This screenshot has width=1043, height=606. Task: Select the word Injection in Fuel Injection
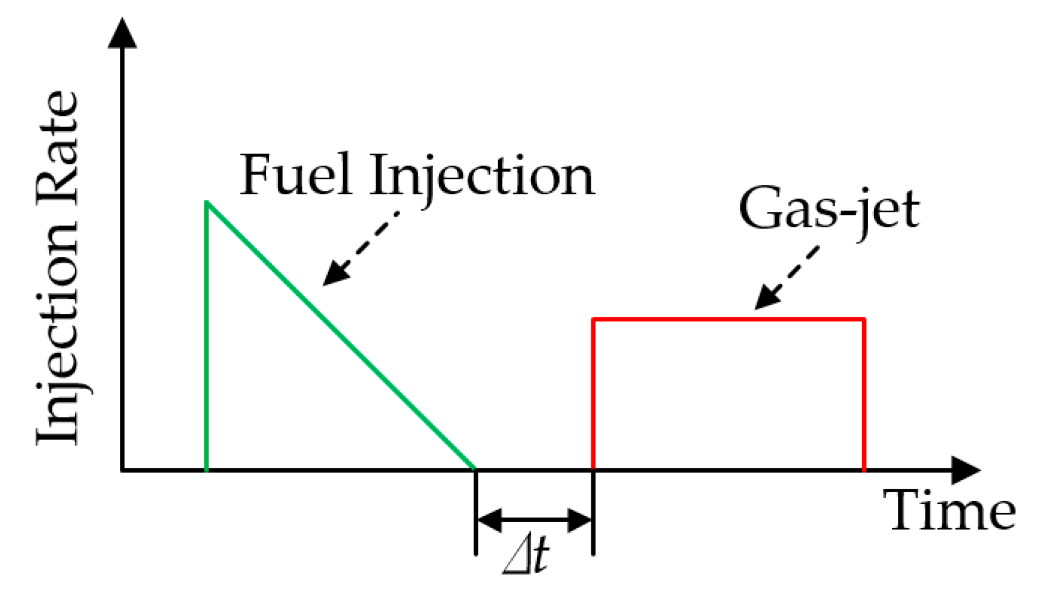pos(482,176)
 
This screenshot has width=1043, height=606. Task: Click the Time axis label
pos(949,510)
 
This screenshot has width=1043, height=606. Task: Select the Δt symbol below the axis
pos(526,556)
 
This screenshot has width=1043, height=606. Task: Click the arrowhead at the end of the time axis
pos(965,470)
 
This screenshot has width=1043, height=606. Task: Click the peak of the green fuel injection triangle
pos(207,203)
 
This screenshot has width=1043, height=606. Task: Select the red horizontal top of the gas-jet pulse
pos(728,319)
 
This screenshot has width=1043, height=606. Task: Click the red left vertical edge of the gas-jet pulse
pos(593,395)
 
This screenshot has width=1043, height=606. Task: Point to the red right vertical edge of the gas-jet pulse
pos(864,395)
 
